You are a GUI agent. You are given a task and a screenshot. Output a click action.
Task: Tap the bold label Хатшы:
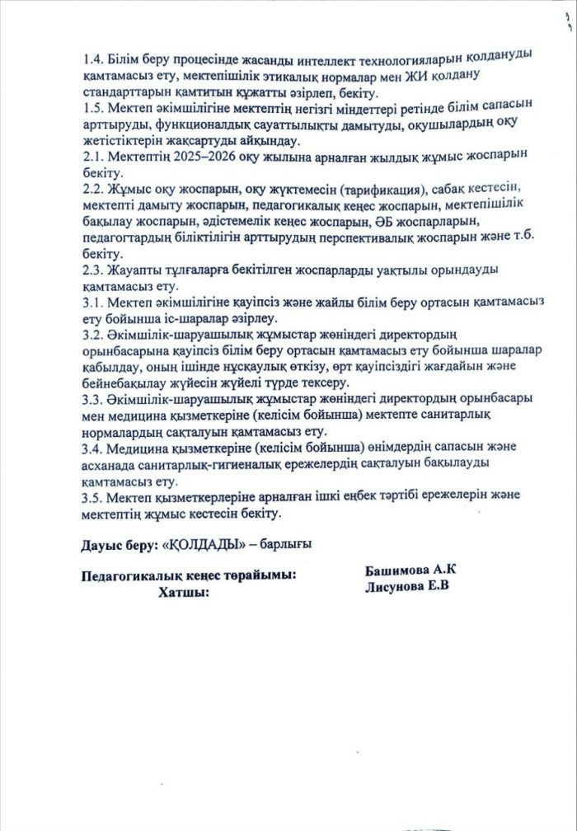[182, 592]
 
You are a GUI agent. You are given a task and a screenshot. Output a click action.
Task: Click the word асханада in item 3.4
[110, 463]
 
